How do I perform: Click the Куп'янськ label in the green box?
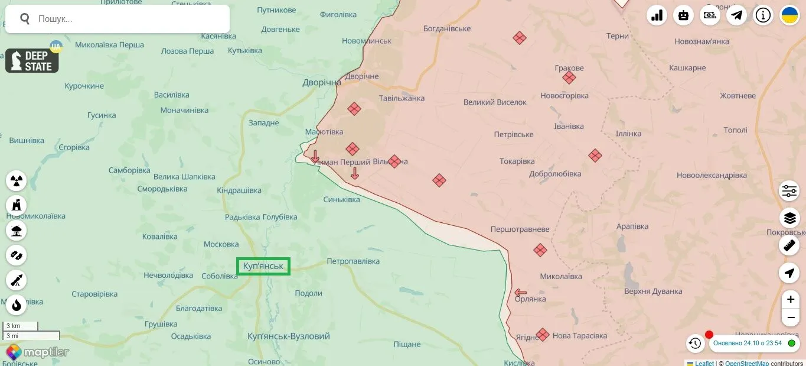[x=263, y=266]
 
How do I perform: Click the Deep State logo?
[x=32, y=61]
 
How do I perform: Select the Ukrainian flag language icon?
[x=789, y=15]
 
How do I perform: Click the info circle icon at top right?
[x=763, y=15]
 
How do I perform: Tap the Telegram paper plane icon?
[x=736, y=15]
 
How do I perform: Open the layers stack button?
[x=789, y=218]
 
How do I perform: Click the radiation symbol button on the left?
[x=17, y=180]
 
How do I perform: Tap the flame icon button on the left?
[x=17, y=305]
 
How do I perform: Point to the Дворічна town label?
[x=322, y=82]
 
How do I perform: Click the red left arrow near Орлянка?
[x=520, y=292]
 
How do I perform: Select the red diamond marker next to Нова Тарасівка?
[x=542, y=335]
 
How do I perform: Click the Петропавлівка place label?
[x=353, y=261]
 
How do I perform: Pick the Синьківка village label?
[x=341, y=199]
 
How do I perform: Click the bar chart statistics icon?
[x=657, y=15]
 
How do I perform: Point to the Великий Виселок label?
[x=494, y=102]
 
